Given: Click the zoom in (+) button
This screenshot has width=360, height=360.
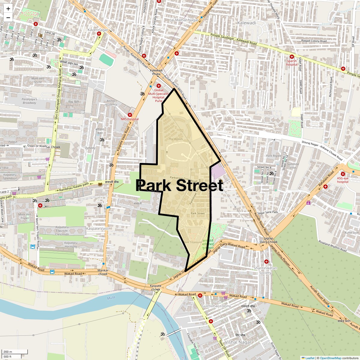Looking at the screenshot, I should (8, 9).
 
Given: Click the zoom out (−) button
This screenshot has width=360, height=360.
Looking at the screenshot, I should (8, 17).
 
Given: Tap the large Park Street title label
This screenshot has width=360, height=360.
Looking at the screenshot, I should (179, 185).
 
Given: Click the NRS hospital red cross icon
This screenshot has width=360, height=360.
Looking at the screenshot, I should (130, 115).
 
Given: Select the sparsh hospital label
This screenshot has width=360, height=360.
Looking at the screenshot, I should (292, 63).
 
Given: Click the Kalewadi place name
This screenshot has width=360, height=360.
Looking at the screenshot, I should (247, 23).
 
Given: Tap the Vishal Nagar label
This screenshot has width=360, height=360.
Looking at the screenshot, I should (238, 342).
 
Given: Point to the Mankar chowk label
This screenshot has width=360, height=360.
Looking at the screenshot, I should (103, 272).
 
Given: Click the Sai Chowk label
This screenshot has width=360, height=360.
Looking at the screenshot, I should (53, 147).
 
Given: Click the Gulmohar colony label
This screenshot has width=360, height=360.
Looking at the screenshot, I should (216, 306).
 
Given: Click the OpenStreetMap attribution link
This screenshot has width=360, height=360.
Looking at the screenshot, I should (330, 358).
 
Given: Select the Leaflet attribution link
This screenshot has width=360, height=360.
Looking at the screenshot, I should (310, 358).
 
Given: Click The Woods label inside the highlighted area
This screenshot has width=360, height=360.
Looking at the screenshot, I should (176, 139).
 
